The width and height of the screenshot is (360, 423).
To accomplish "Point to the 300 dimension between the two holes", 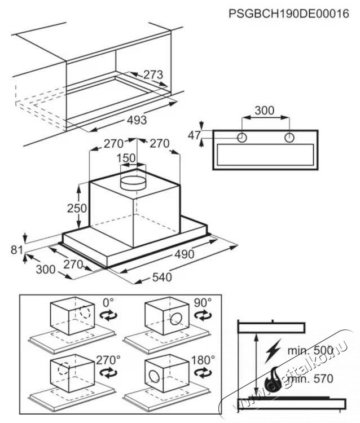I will pos(265,111).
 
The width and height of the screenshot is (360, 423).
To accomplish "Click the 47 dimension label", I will pos(195,135).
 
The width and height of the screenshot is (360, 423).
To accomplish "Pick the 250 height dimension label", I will pos(77,208).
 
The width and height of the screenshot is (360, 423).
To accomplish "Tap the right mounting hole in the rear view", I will pos(289,137).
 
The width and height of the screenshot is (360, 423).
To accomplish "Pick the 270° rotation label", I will pos(109,359).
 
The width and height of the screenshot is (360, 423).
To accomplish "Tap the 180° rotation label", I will pos(201,359).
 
